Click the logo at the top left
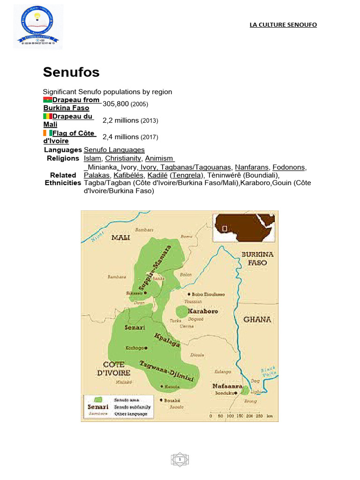tap(38, 26)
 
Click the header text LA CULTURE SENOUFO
tap(283, 25)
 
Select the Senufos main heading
tap(71, 72)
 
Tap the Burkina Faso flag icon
tap(47, 100)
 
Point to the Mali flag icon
tap(47, 116)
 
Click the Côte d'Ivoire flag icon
tap(47, 133)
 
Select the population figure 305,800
tap(115, 104)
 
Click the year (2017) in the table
tap(150, 137)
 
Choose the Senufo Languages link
tap(114, 150)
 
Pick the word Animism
tap(159, 158)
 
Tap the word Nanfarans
tap(252, 167)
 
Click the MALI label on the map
tap(120, 238)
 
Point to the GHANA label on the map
tap(257, 319)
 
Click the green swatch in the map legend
tap(98, 399)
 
